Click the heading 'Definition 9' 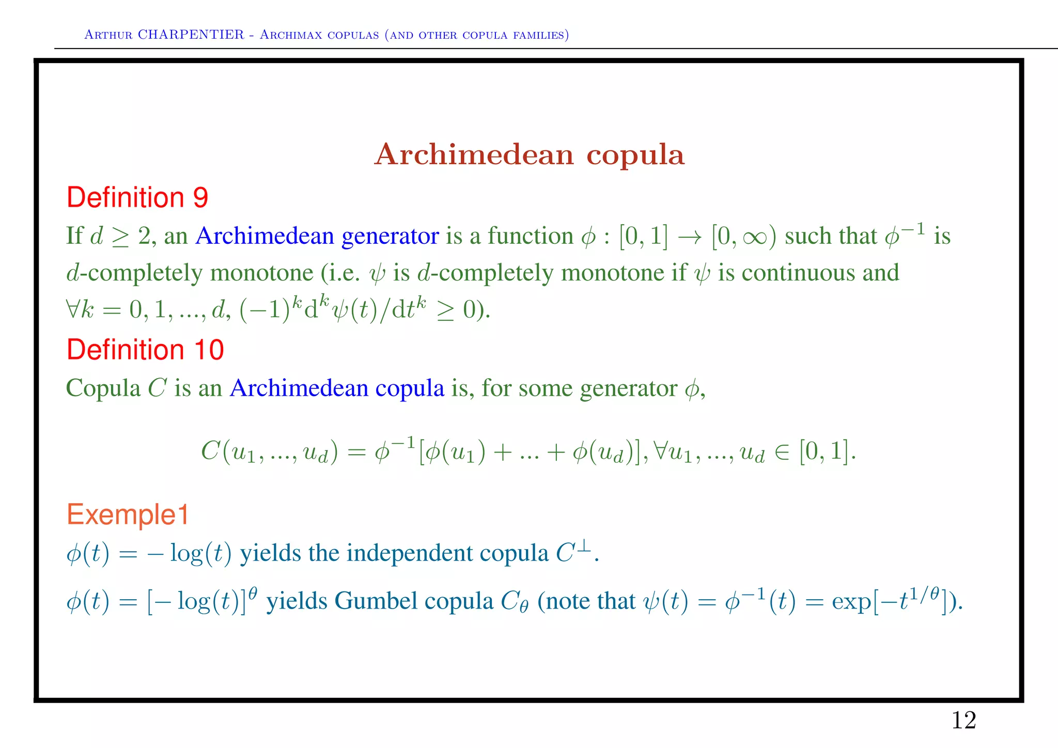click(x=137, y=197)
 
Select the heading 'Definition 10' click(x=145, y=350)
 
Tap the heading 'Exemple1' click(x=128, y=515)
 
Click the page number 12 click(x=963, y=720)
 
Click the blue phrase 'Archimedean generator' click(x=317, y=236)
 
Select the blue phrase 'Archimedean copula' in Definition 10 click(x=337, y=388)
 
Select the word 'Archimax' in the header click(x=294, y=35)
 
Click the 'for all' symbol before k click(x=72, y=310)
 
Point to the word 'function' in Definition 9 click(x=531, y=236)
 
